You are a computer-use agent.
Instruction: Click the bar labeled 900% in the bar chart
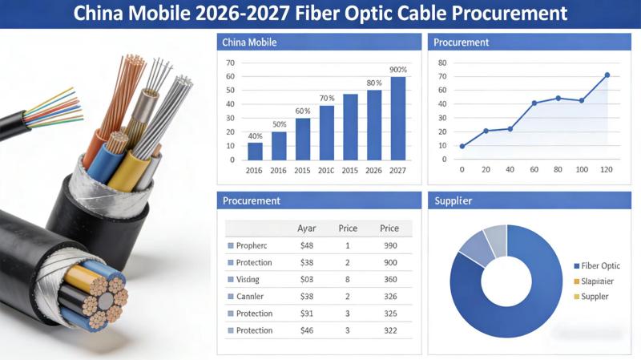click(x=398, y=119)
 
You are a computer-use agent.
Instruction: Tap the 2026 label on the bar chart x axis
click(x=374, y=171)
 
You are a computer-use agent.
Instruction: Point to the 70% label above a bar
click(x=327, y=99)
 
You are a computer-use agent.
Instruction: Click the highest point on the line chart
click(x=607, y=75)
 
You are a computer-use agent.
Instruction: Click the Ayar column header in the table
click(x=307, y=229)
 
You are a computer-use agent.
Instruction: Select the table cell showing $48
click(x=306, y=245)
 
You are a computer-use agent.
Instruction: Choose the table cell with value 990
click(x=390, y=245)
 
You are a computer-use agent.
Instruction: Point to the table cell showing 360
click(x=390, y=280)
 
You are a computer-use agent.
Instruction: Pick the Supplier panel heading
click(x=453, y=200)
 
